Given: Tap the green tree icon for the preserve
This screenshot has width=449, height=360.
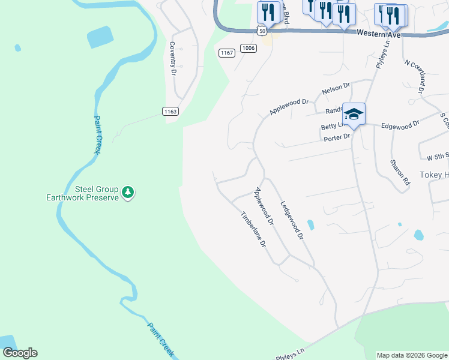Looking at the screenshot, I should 127,193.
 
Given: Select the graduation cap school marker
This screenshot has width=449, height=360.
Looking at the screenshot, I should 354,114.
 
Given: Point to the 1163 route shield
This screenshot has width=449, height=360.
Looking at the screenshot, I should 170,111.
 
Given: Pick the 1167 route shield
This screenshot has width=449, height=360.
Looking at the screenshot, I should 227,53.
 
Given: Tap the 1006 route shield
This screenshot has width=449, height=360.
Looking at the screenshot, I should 249,48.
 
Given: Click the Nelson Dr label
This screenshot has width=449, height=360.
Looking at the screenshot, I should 336,89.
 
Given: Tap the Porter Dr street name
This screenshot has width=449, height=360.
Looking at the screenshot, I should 337,137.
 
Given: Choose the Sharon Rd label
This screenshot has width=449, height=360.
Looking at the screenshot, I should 399,172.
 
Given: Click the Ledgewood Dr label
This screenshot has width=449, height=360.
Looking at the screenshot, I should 291,220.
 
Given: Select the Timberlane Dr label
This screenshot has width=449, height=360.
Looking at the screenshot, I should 253,230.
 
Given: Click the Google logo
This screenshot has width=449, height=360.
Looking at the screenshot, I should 20,353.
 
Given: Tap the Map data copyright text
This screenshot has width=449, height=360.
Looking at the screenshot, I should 411,355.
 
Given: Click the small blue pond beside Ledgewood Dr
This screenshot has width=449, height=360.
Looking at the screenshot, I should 310,225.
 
